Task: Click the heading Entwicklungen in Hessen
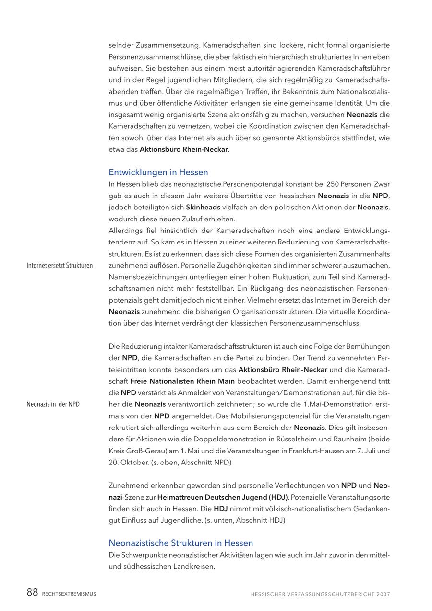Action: [158, 172]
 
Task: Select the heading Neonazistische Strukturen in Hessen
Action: [181, 543]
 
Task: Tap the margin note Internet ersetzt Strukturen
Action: [60, 266]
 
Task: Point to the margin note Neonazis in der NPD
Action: [53, 404]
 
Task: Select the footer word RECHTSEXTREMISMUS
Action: [69, 594]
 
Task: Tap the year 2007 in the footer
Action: [384, 594]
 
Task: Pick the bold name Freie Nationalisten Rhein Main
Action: [182, 381]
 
